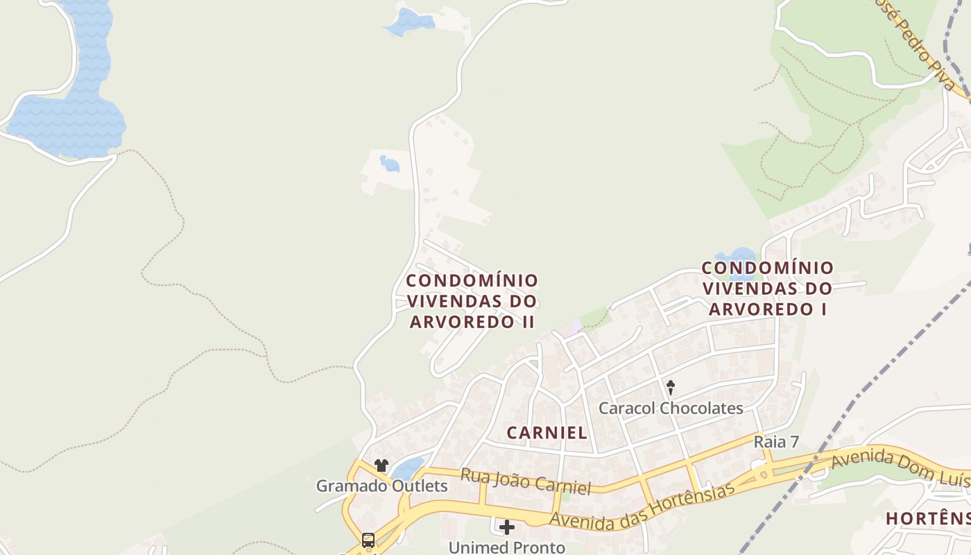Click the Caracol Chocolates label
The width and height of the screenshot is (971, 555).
pyautogui.click(x=671, y=408)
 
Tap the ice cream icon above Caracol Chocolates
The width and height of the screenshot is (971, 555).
pyautogui.click(x=671, y=387)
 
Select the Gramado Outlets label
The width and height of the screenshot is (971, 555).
pyautogui.click(x=381, y=486)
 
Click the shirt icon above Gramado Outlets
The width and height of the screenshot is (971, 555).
pyautogui.click(x=381, y=465)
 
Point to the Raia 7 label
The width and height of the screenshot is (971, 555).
pyautogui.click(x=776, y=442)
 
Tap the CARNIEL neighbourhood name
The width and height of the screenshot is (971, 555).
pyautogui.click(x=547, y=433)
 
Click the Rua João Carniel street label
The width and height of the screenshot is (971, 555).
pyautogui.click(x=525, y=481)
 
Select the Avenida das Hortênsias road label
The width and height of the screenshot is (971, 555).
pyautogui.click(x=642, y=506)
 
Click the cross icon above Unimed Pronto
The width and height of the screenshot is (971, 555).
pyautogui.click(x=507, y=527)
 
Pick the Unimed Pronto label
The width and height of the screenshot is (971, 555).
pyautogui.click(x=506, y=547)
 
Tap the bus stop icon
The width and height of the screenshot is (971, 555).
pyautogui.click(x=368, y=540)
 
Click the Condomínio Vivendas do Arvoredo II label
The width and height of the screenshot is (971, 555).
pyautogui.click(x=472, y=301)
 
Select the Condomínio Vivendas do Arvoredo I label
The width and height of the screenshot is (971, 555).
pyautogui.click(x=768, y=288)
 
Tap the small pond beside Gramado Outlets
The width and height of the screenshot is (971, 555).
pyautogui.click(x=408, y=468)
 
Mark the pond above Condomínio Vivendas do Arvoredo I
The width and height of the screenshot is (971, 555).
pyautogui.click(x=737, y=255)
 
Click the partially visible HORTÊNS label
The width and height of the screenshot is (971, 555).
pyautogui.click(x=927, y=518)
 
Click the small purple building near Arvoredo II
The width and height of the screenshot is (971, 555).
pyautogui.click(x=573, y=327)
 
